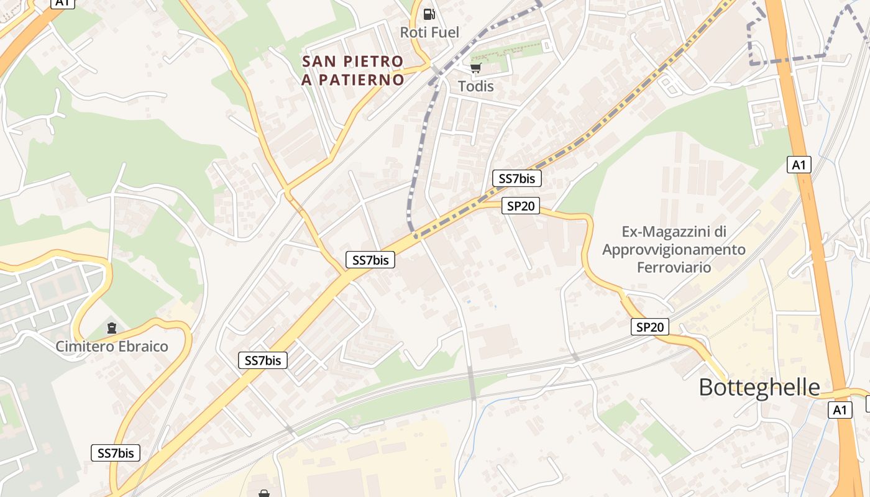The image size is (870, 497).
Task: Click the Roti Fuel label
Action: coord(429,32)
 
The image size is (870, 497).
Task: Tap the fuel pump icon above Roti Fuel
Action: coord(429,14)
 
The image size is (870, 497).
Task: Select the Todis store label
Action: coord(476,86)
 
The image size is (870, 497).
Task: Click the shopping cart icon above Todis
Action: coord(475,68)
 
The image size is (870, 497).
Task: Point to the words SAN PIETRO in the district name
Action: coord(352,62)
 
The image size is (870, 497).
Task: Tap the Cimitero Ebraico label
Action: coord(112,346)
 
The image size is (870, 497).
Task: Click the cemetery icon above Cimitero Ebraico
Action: coord(112,327)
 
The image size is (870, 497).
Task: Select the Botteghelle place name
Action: coord(759,387)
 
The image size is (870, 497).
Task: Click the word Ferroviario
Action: coord(674,267)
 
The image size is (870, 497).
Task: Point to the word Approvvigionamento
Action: coord(674,250)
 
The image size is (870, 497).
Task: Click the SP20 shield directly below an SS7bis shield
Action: coord(521,206)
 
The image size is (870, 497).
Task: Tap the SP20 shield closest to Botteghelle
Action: coord(650,327)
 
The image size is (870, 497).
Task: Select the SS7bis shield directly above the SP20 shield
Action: coord(517,179)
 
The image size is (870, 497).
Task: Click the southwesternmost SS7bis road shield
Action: coord(116,453)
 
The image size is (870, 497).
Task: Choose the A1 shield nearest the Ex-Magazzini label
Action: coord(799,165)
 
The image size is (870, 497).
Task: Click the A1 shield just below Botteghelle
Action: coord(840,410)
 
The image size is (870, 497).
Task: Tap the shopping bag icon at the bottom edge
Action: coord(264,493)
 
